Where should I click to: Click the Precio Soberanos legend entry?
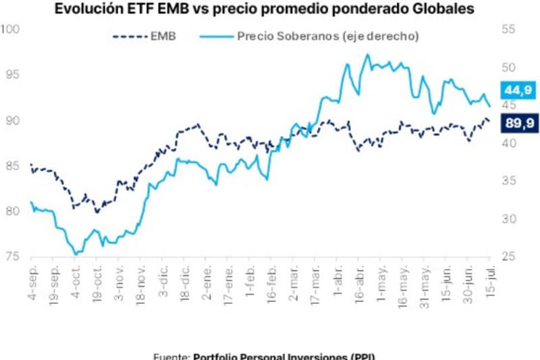point(318,36)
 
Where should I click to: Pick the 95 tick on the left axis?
point(12,75)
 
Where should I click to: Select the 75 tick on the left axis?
point(12,256)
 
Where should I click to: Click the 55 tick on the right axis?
point(508,30)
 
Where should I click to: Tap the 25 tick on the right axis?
point(508,256)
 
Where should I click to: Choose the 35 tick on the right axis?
point(508,180)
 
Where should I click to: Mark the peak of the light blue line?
point(367,55)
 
